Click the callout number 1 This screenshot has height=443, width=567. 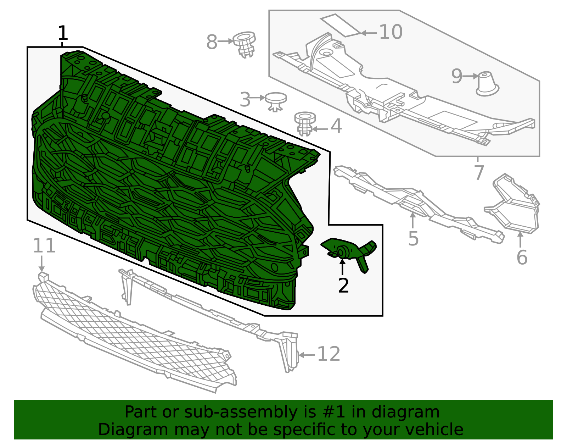click(63, 33)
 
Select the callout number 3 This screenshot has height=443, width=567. click(245, 99)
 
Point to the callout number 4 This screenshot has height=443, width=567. click(336, 126)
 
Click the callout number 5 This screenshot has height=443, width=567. click(413, 238)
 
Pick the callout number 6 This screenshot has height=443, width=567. click(522, 257)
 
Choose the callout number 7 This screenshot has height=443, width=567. click(479, 172)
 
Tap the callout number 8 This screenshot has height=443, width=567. click(212, 42)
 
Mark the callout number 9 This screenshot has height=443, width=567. click(457, 77)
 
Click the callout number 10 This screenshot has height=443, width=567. click(391, 32)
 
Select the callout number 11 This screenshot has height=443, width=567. click(44, 246)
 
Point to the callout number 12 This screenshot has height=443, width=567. click(329, 354)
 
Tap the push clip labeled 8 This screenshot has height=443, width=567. click(244, 44)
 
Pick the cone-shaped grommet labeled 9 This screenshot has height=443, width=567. click(487, 84)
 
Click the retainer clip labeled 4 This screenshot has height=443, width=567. click(305, 123)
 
